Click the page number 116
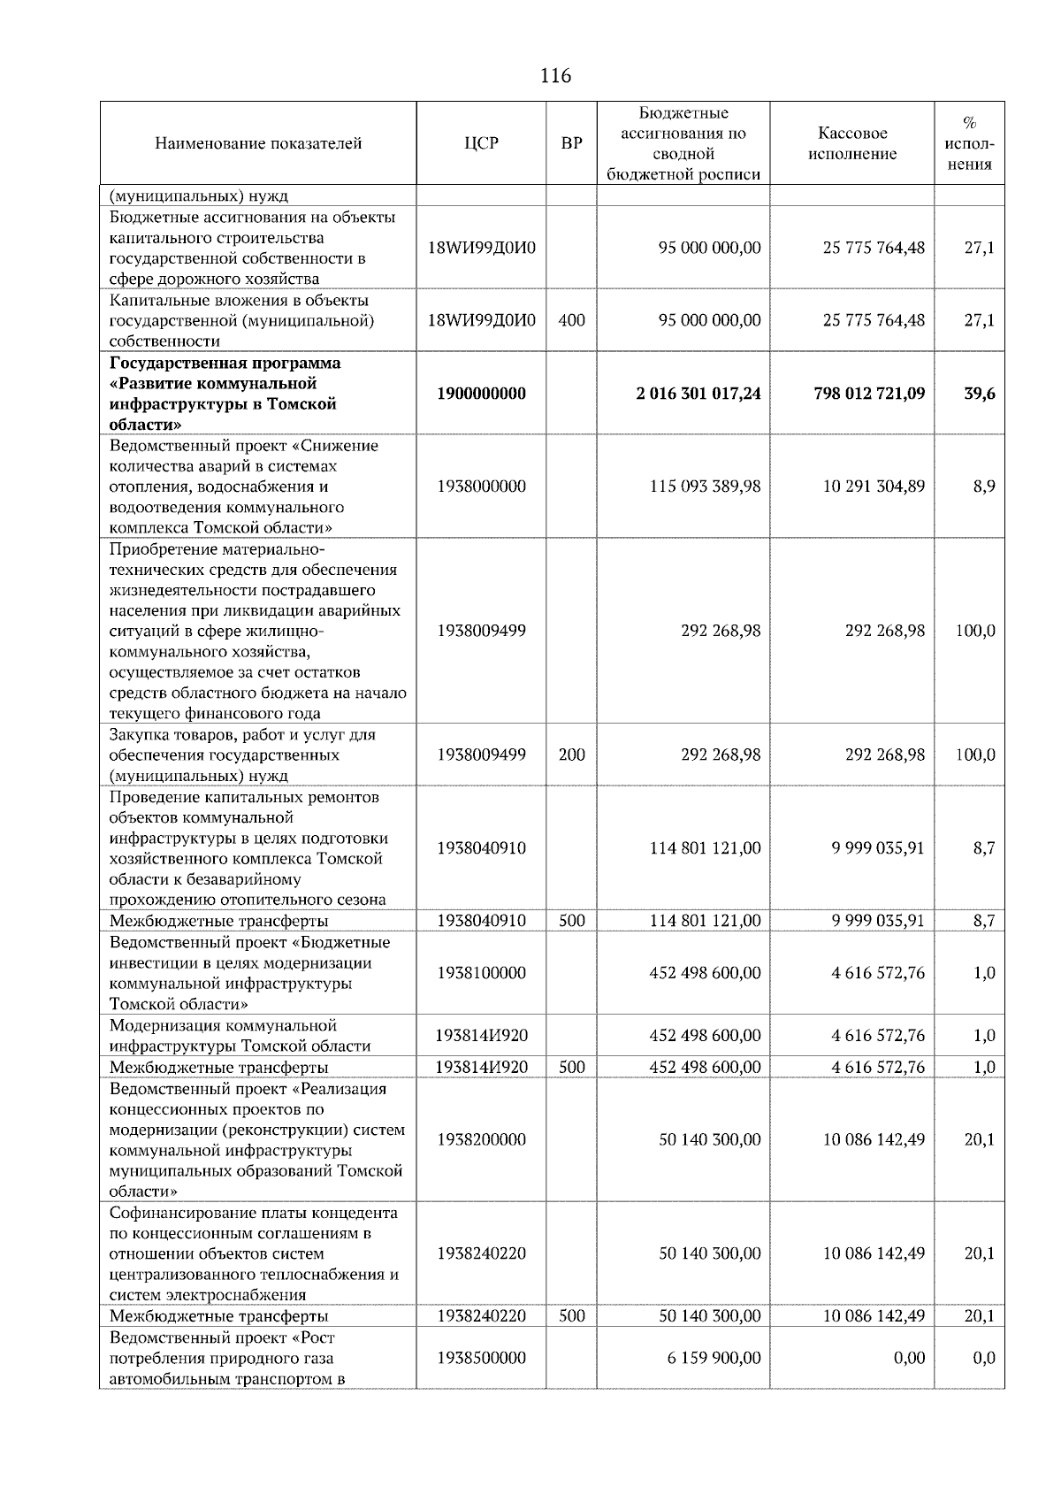click(x=555, y=76)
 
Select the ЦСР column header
click(x=481, y=143)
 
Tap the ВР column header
click(x=572, y=143)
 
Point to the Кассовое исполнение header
click(x=852, y=143)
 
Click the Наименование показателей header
click(x=258, y=143)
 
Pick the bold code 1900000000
click(x=481, y=394)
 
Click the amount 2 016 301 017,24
click(x=698, y=394)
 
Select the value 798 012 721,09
click(x=869, y=394)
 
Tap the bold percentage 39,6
click(x=979, y=394)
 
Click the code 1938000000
click(x=481, y=487)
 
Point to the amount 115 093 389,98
click(x=705, y=487)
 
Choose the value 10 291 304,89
click(x=874, y=487)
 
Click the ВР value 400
click(x=572, y=320)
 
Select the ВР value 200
click(x=572, y=755)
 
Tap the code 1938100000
click(x=481, y=973)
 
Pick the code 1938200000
click(x=481, y=1139)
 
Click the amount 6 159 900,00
click(x=714, y=1358)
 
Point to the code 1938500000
click(x=481, y=1358)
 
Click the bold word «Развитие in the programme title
click(x=147, y=384)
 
